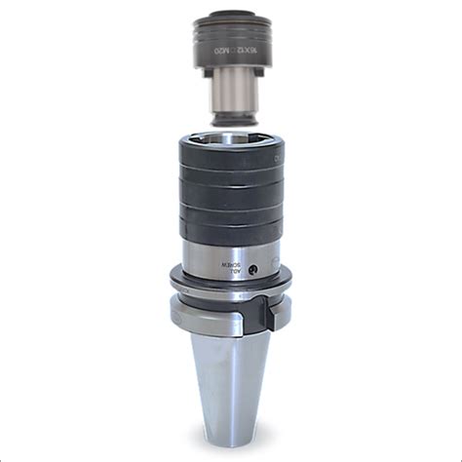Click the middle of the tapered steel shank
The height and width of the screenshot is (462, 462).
click(x=231, y=380)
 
